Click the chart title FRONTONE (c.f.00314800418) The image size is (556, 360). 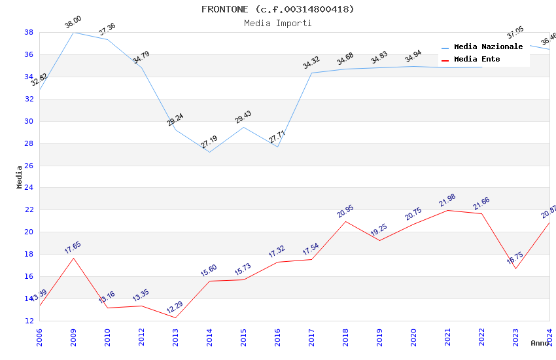(277, 9)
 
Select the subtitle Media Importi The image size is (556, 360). (277, 23)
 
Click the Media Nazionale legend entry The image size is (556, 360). (488, 46)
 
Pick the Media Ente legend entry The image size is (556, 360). (477, 59)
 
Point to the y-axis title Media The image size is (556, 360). (19, 177)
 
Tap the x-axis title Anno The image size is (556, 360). (540, 343)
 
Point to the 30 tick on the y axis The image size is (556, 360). (29, 121)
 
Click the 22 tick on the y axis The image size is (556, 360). (29, 210)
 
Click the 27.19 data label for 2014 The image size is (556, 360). (209, 142)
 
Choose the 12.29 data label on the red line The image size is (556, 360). (175, 307)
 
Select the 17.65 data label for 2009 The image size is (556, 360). (73, 247)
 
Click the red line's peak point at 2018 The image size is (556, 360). (345, 221)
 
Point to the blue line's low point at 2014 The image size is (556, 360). (209, 152)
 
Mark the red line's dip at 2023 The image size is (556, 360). (515, 268)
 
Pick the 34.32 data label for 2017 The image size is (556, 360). (311, 63)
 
